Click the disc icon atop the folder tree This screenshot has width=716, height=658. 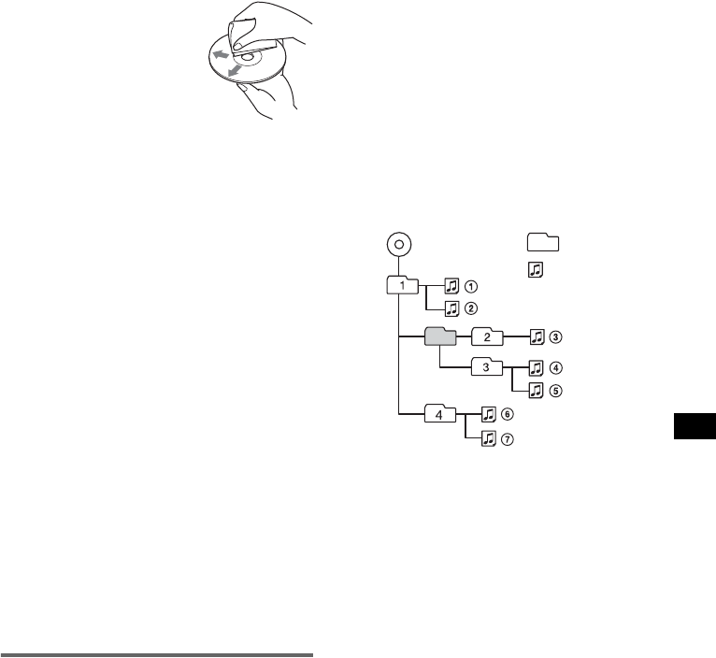click(398, 245)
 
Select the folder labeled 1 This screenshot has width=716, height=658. click(403, 284)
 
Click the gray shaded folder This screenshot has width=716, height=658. click(439, 336)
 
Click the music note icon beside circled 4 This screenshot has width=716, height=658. click(537, 368)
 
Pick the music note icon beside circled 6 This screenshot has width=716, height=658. click(489, 414)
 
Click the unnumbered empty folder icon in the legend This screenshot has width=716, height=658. click(541, 243)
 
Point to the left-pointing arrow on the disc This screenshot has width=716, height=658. click(220, 56)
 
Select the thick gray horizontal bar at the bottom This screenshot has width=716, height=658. click(157, 653)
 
